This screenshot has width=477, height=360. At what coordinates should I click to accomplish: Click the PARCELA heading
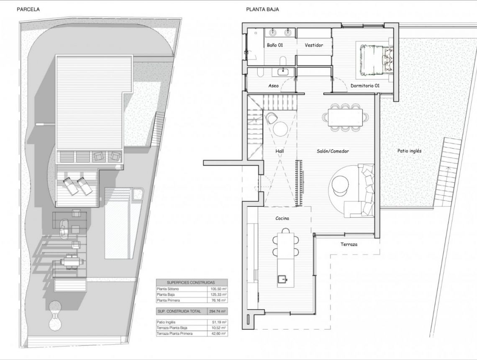28,9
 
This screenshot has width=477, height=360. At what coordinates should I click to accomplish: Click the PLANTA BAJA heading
262,9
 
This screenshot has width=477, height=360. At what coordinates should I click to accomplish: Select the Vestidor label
314,45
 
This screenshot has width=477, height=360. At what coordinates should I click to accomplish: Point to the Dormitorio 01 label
365,85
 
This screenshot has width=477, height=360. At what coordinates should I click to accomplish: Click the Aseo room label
273,85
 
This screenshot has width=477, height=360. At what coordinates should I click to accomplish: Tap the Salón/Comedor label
333,151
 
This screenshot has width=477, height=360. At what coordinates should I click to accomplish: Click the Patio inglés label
409,151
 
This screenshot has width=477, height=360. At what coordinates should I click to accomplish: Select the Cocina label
282,218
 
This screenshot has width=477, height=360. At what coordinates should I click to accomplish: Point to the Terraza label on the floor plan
349,244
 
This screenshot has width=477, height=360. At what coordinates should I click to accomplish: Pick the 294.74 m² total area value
218,311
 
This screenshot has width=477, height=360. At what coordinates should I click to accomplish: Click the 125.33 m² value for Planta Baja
218,295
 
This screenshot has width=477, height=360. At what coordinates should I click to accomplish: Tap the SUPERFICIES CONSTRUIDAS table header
191,283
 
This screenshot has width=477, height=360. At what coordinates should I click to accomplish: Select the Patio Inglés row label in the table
167,322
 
